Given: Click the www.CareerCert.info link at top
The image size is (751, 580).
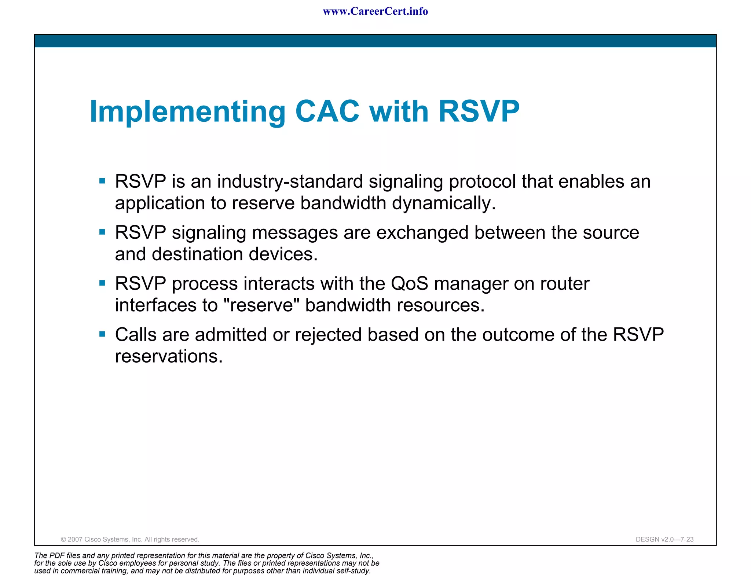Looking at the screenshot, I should pos(375,11).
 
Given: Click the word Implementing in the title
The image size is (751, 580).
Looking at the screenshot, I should pos(187,112).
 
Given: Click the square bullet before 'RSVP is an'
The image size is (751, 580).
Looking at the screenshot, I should pos(102,181).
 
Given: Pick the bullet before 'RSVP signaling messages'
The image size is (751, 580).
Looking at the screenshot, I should pos(102,232).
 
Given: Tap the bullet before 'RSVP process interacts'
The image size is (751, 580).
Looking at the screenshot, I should pos(102,283).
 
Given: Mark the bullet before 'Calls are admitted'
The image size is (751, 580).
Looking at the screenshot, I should pos(102,334).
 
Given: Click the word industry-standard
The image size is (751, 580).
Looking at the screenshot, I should pos(290,181).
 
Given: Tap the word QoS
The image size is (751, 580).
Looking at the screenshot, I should pos(409,283).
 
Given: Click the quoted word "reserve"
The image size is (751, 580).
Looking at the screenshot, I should pos(261,305).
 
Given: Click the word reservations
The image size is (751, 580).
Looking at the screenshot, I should pos(169,356).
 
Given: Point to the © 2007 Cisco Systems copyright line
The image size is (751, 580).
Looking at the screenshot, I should pos(130,539).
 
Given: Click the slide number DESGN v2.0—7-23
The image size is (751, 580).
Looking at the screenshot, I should pos(664,539).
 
